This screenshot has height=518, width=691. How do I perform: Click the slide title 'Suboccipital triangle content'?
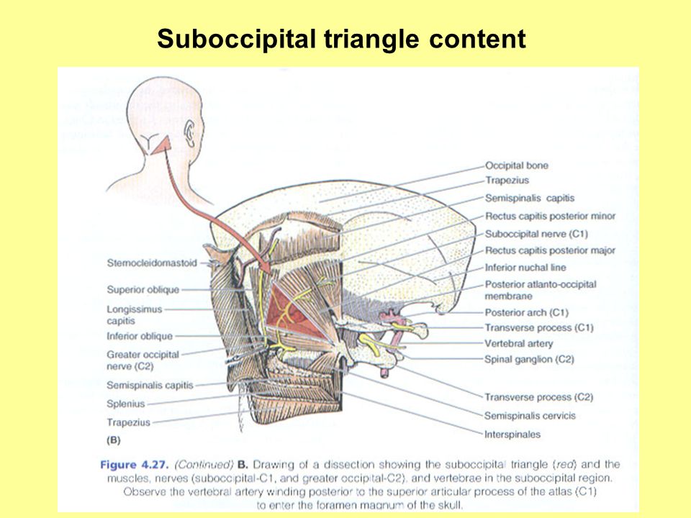click(341, 39)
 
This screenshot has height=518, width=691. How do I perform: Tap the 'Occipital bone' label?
click(516, 165)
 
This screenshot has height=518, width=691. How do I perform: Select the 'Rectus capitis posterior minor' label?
click(550, 216)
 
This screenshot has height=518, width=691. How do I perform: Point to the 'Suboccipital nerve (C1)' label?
click(533, 234)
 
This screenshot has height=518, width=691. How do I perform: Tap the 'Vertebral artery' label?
click(518, 344)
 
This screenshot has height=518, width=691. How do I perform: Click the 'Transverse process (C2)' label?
click(538, 397)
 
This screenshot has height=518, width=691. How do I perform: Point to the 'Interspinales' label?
click(512, 435)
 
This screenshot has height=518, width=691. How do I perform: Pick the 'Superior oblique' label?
click(143, 290)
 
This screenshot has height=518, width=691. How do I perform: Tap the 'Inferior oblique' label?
click(140, 336)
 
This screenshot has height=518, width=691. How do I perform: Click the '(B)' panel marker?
click(113, 438)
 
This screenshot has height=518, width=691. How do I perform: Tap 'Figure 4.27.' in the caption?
click(130, 465)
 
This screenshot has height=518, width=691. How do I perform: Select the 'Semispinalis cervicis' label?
click(530, 416)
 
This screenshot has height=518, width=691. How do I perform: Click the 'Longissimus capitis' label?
click(134, 315)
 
